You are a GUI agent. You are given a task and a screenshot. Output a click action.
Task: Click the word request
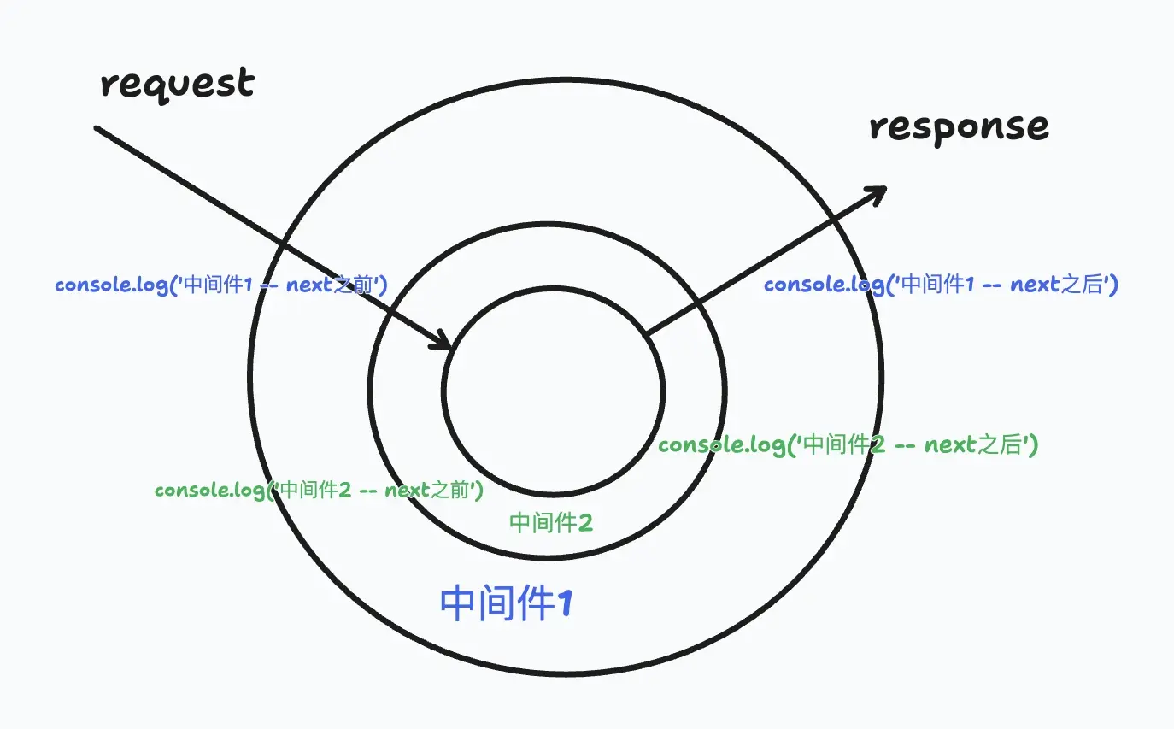coord(178,85)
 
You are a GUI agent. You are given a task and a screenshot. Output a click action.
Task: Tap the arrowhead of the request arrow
coord(446,344)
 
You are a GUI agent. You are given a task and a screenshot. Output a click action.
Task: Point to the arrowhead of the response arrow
coord(880,191)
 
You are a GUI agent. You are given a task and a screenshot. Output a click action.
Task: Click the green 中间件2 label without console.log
coord(550,522)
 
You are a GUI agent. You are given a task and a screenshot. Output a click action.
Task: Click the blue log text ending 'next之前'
coord(221,285)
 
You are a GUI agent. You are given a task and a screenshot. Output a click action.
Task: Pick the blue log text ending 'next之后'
coord(941,285)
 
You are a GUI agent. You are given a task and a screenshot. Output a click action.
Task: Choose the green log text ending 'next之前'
coord(320,491)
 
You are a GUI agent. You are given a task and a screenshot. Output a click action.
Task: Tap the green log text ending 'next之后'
coord(848,444)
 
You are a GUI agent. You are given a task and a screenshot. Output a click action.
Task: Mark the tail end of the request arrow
coord(97,129)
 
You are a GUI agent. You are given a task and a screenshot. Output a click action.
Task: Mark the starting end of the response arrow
coord(647,332)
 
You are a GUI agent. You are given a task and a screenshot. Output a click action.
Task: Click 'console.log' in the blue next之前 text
coord(111,285)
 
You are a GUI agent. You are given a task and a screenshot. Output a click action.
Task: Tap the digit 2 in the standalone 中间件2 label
coord(584,522)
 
